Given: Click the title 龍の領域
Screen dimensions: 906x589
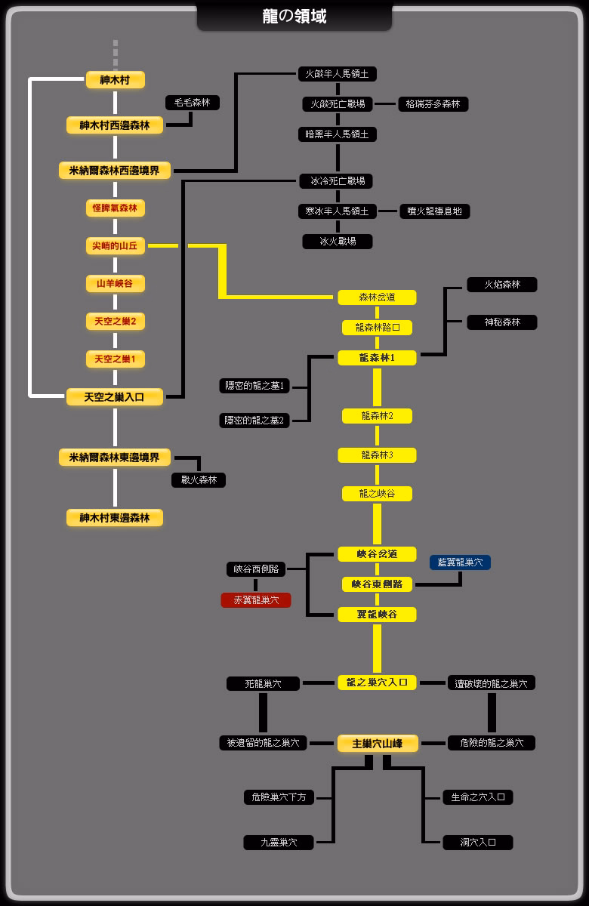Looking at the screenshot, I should click(294, 16).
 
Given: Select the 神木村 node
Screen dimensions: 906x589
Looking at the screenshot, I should click(115, 79).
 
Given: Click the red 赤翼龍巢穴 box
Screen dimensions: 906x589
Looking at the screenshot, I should click(256, 600).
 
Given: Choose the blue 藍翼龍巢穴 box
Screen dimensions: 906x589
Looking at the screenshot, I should click(460, 562).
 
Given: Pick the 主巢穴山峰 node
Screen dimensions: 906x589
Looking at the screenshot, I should click(377, 744).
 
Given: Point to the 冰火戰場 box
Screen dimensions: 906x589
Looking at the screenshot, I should click(338, 242).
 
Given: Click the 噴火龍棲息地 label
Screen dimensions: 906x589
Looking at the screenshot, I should click(435, 211).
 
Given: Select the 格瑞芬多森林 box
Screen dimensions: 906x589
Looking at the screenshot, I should click(433, 104).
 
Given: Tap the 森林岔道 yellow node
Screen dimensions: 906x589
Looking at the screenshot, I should click(377, 297).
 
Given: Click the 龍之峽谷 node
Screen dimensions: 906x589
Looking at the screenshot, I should click(377, 494).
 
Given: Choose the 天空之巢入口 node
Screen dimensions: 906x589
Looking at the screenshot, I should click(115, 396).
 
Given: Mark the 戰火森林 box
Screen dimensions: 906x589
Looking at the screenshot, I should click(199, 479).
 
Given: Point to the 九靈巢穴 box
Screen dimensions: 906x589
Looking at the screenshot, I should click(279, 843).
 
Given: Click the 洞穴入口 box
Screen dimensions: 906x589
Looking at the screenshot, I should click(479, 843).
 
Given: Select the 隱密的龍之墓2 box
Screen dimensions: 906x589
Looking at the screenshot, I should click(254, 421).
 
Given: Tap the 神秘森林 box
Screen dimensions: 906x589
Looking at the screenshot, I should click(502, 322).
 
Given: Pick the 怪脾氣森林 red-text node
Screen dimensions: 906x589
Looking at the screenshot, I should click(115, 208).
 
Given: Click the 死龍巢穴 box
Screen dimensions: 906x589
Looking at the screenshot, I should click(263, 683).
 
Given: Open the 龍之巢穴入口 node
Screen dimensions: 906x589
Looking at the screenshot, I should click(377, 683).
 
